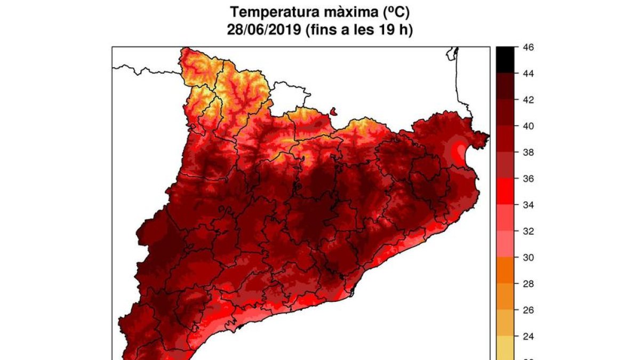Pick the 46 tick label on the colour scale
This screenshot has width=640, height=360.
(528, 47)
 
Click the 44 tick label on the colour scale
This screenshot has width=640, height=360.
(528, 74)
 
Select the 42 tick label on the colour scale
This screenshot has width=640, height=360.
(528, 100)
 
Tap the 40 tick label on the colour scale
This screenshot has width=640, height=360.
(528, 126)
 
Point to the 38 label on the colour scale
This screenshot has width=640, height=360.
(528, 153)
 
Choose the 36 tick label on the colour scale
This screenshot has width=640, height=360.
(528, 179)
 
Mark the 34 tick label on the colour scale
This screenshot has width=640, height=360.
(528, 205)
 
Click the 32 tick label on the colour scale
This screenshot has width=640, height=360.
(528, 231)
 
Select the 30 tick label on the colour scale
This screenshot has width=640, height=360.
(528, 258)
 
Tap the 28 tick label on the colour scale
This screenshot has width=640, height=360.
(528, 284)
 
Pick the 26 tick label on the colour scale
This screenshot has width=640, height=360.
(528, 310)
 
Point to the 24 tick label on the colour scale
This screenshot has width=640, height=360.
(528, 337)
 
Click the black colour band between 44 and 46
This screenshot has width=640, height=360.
(506, 60)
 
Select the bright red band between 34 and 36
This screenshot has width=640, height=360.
(506, 191)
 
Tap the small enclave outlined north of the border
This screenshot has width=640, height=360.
(334, 111)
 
